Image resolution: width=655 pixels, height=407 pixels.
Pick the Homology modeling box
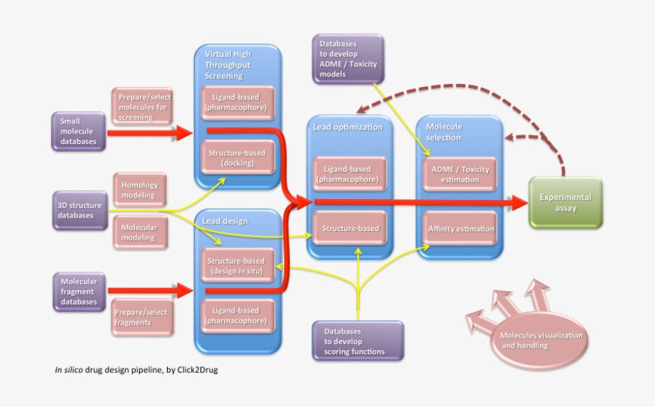pos(140,190)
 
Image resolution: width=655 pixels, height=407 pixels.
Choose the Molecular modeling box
pos(140,233)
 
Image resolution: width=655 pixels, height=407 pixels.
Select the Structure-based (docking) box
pos(236,158)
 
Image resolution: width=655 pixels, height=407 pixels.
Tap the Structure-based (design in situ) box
pos(236,266)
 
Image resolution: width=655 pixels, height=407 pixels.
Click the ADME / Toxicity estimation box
pos(460,174)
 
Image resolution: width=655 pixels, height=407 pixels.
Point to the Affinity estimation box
pos(462,229)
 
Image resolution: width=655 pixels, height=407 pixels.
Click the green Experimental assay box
pos(566,203)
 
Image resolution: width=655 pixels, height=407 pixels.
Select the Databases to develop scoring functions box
pos(357,341)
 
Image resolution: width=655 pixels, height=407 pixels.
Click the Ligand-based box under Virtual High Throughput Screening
pos(236,102)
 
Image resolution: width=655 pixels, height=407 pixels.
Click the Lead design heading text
pos(224,221)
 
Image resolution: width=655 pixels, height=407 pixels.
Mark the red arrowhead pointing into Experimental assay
pos(520,203)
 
